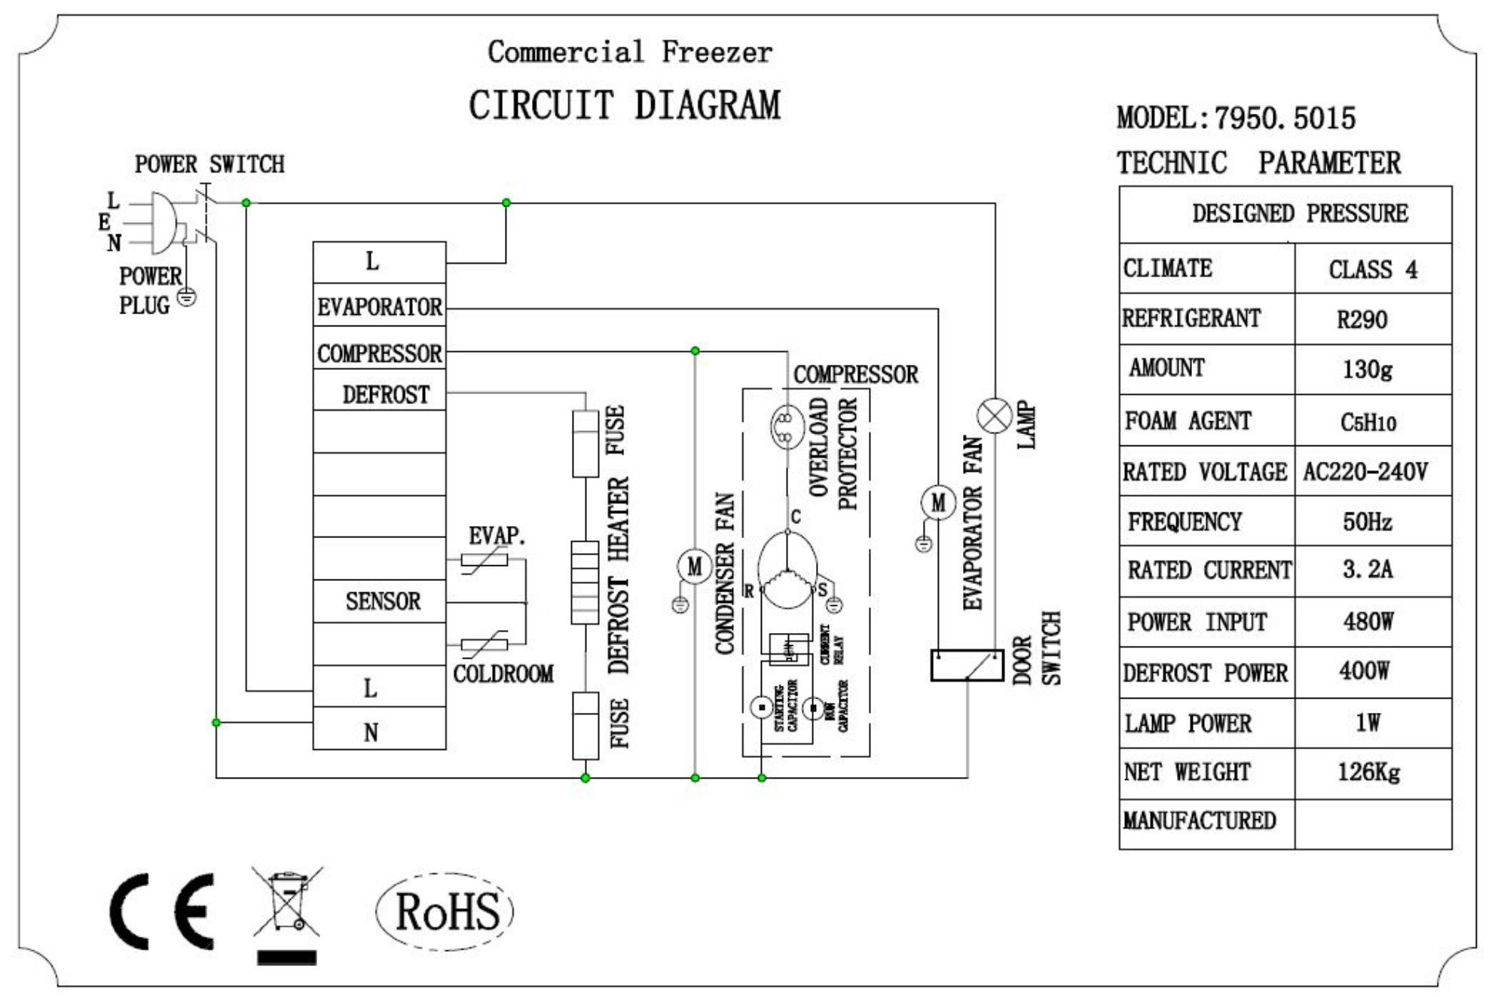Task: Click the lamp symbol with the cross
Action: pyautogui.click(x=995, y=416)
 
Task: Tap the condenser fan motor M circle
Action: pyautogui.click(x=694, y=567)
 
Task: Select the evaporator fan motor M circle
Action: pyautogui.click(x=938, y=503)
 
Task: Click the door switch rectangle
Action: pyautogui.click(x=967, y=665)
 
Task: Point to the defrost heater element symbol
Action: pyautogui.click(x=585, y=582)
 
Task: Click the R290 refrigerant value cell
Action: pyautogui.click(x=1362, y=320)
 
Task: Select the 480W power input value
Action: pyautogui.click(x=1368, y=622)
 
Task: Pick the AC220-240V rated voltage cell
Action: pyautogui.click(x=1365, y=473)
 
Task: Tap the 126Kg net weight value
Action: pyautogui.click(x=1368, y=772)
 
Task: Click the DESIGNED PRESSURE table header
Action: pyautogui.click(x=1299, y=214)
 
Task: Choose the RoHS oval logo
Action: pyautogui.click(x=445, y=911)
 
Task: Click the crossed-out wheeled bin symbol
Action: pyautogui.click(x=287, y=904)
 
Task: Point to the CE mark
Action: pyautogui.click(x=163, y=911)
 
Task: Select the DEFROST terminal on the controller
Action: pyautogui.click(x=380, y=394)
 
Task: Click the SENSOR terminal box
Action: pyautogui.click(x=380, y=601)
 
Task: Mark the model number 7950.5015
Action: pyautogui.click(x=1285, y=118)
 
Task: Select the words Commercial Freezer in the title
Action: pyautogui.click(x=630, y=52)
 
